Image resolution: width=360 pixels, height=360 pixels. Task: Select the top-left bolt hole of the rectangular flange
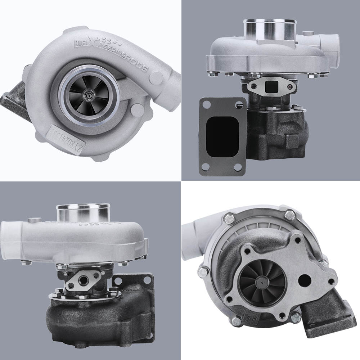pyautogui.click(x=207, y=105)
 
